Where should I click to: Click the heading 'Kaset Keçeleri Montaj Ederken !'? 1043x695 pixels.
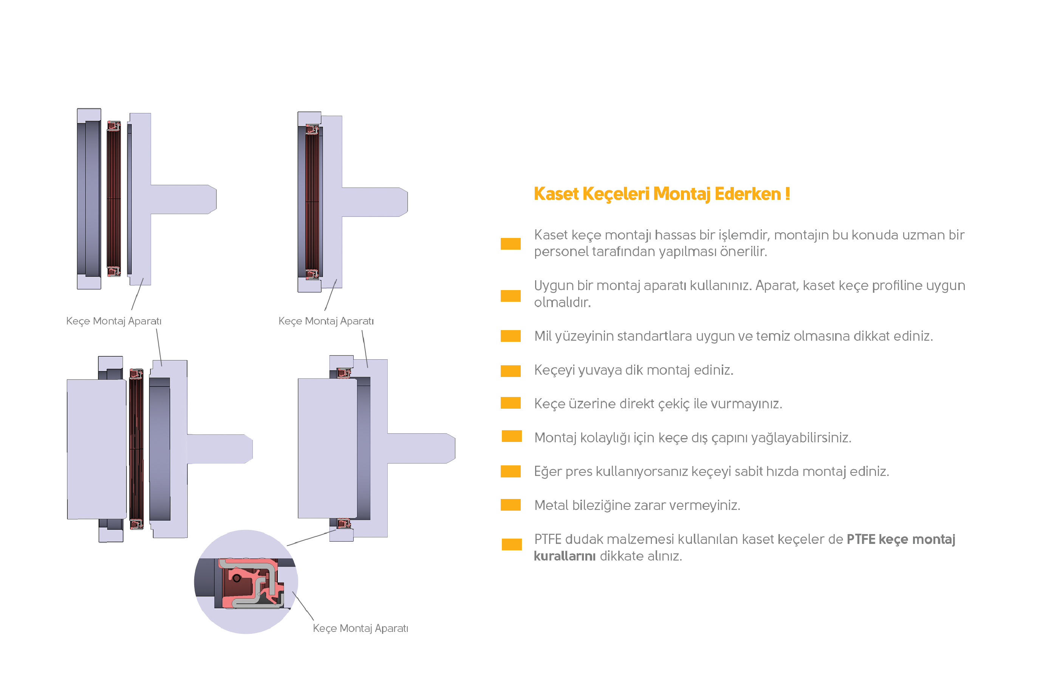pos(661,194)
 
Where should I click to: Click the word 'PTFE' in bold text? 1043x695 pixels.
pos(860,539)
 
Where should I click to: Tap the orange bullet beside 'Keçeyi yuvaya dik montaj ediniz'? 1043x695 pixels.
pos(511,371)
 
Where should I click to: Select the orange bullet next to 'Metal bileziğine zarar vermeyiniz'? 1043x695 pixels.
pos(511,505)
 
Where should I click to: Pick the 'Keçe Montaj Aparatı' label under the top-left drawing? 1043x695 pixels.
pos(113,321)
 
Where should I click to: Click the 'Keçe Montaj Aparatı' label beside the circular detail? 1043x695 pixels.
pos(360,628)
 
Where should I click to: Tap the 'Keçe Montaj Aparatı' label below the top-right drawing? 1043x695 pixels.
pos(326,321)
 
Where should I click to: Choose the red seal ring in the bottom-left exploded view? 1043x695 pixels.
pos(136,449)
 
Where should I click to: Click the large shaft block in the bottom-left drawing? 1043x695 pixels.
pos(97,449)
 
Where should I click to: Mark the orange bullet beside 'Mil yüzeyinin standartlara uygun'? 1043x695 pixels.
pos(511,336)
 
